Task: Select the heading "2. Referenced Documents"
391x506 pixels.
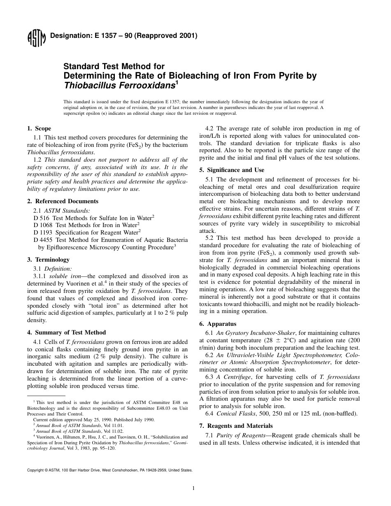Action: coord(63,201)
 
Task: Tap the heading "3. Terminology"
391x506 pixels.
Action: coord(48,260)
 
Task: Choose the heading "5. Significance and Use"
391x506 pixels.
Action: coord(232,170)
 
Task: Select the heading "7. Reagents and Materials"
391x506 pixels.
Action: coord(236,426)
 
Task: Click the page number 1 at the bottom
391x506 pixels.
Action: coord(193,488)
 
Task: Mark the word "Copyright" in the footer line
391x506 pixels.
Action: coord(35,470)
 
